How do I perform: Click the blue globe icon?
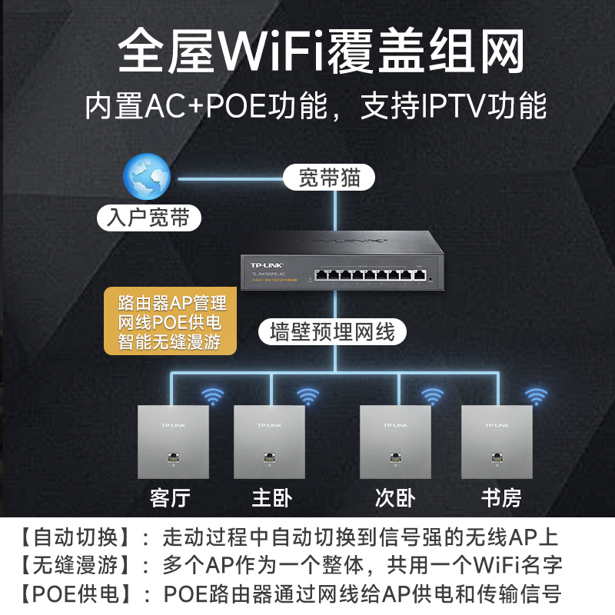(147, 176)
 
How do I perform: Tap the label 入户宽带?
(149, 218)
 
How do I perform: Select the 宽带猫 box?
(328, 178)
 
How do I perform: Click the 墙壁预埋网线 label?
(332, 332)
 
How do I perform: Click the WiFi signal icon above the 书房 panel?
(536, 397)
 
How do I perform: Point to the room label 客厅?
(169, 497)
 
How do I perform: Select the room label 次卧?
(395, 497)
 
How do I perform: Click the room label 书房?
(500, 497)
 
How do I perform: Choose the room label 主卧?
(272, 497)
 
